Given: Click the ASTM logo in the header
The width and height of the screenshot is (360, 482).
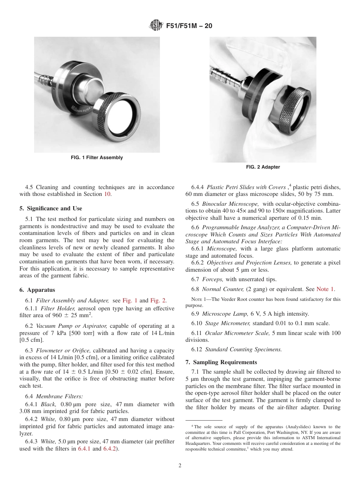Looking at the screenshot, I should [156, 26].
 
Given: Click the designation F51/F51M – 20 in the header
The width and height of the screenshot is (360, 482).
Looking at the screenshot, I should [189, 26].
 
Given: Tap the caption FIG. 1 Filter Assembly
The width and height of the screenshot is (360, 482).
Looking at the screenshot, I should [97, 158].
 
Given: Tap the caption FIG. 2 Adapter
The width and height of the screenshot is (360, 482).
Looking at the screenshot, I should [263, 167].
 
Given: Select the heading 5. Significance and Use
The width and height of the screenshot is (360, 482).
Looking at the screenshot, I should [51, 208].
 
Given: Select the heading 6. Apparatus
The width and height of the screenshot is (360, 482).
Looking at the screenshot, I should [37, 290].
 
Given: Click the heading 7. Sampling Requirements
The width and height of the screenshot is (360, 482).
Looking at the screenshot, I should [221, 362].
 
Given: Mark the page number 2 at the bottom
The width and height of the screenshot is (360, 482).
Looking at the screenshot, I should [180, 466].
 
